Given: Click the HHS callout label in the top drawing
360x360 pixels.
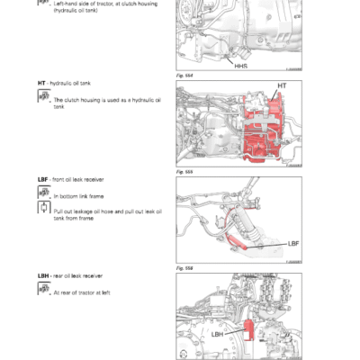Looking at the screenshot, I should tap(241, 65).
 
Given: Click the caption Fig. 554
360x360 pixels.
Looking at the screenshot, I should tap(184, 76).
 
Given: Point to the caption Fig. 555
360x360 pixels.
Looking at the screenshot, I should tap(184, 169).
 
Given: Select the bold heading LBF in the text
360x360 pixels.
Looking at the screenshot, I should tap(43, 180).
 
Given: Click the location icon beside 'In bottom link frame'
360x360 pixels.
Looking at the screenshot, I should tap(43, 193).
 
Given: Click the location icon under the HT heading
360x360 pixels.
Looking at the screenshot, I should tap(43, 99).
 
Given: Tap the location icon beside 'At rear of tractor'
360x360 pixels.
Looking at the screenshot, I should tap(43, 290).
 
